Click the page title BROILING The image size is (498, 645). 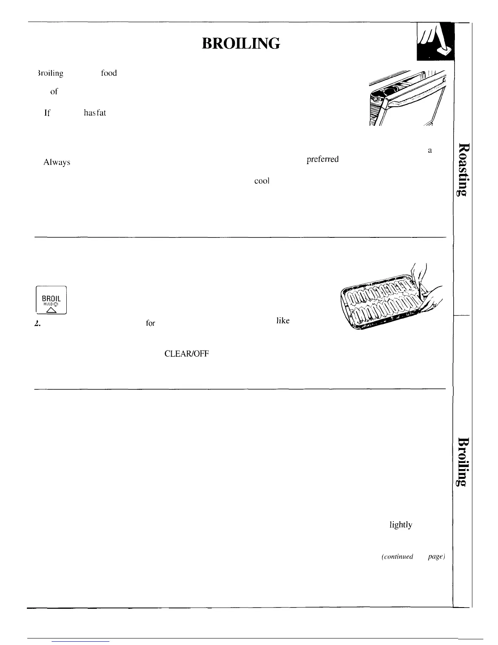coord(241,43)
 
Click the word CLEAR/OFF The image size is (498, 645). coord(186,354)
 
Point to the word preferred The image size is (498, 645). coord(322,159)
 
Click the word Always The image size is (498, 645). coord(57,162)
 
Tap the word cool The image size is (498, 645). coord(262,181)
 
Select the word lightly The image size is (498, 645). coord(401,525)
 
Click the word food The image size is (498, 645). coord(109,73)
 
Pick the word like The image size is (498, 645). coord(283,321)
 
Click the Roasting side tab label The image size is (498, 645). coord(463,169)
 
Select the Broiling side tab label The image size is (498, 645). coord(463,462)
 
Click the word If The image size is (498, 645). coord(47,113)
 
